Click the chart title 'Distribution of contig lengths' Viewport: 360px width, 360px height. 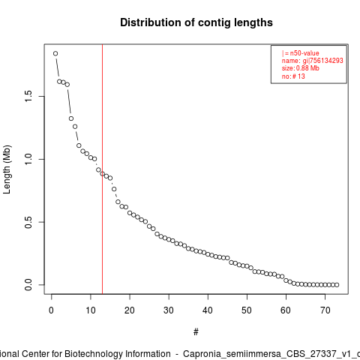click(x=196, y=22)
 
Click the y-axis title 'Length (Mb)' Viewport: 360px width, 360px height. click(x=7, y=169)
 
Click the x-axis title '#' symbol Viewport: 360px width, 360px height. click(x=196, y=332)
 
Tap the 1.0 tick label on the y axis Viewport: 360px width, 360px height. click(x=28, y=159)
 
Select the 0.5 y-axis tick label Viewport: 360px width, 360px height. click(x=28, y=222)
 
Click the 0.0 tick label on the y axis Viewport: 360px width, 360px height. click(x=28, y=285)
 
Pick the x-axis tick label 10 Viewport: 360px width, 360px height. click(x=91, y=310)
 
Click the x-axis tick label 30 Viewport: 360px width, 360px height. click(x=169, y=310)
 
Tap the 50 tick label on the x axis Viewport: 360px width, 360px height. click(x=247, y=310)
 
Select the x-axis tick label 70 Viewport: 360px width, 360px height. click(x=325, y=310)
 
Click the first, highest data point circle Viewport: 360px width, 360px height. click(x=55, y=53)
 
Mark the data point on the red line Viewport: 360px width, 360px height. click(x=102, y=174)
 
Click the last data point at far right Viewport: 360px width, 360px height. click(x=337, y=285)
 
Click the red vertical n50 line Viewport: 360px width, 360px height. click(x=103, y=169)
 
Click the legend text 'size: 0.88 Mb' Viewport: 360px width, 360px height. click(x=301, y=68)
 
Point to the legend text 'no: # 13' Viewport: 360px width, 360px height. click(x=293, y=76)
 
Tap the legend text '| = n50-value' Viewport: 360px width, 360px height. click(x=301, y=53)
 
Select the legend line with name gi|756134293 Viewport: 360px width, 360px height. click(x=313, y=61)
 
